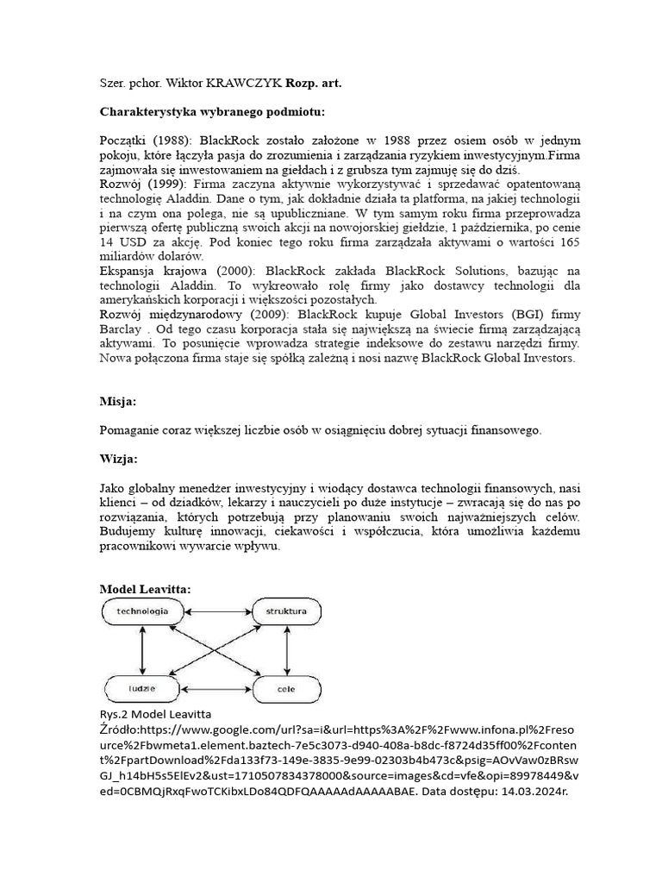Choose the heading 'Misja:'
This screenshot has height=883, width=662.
coord(119,401)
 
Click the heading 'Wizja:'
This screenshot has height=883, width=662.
coord(120,458)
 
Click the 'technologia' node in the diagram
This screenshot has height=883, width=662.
coord(142,611)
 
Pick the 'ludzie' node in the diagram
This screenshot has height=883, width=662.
coord(143,688)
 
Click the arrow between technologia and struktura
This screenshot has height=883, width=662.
coord(215,611)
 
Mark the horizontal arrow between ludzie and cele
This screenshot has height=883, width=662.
coord(215,688)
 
